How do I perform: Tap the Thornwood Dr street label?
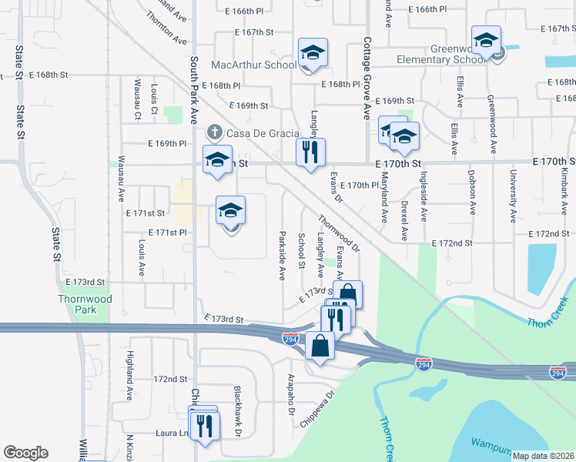(x=340, y=233)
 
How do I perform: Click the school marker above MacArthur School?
(x=313, y=52)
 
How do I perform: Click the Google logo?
(x=25, y=453)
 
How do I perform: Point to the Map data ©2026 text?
(x=543, y=456)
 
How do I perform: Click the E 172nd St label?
(x=452, y=243)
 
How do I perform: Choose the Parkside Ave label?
(x=283, y=254)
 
